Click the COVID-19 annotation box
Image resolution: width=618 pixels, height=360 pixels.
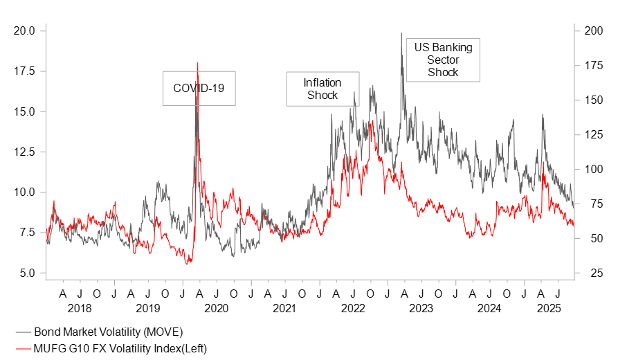pos(199,88)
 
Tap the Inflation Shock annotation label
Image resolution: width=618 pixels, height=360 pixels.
pos(323,89)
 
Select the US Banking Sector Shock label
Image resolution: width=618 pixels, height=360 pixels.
pos(443,60)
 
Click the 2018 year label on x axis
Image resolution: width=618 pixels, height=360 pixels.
pos(80,307)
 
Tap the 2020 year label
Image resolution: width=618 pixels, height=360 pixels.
pos(216,307)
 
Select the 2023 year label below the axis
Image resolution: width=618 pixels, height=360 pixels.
pos(421,307)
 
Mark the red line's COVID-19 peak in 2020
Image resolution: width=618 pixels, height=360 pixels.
pos(198,63)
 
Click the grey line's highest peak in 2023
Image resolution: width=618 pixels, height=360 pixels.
pos(401,33)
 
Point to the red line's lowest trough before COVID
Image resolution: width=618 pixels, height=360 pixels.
pos(187,264)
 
